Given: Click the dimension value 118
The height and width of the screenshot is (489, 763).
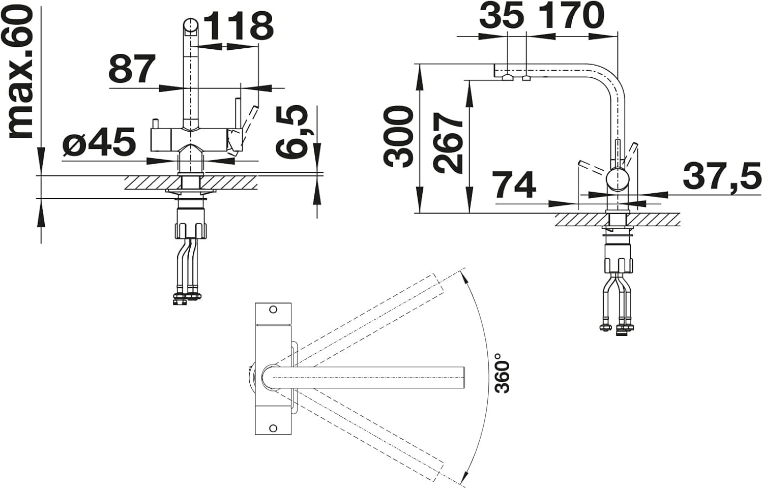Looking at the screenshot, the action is [240, 26].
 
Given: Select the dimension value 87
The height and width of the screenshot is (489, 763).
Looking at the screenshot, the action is [132, 69].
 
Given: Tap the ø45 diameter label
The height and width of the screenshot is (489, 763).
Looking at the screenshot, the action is [99, 141].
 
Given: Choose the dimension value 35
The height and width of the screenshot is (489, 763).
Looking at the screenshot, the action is [501, 15].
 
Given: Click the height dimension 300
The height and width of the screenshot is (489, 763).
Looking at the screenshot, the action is [399, 137].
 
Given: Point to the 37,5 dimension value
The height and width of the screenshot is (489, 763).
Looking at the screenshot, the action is [722, 176].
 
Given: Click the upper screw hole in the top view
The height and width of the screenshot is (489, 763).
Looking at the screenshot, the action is [273, 310].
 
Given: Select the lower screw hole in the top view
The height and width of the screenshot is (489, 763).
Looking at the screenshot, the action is [273, 427].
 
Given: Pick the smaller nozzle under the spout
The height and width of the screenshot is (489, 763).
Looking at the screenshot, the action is [526, 79].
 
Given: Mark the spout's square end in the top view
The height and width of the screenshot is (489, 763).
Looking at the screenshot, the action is [464, 378].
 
